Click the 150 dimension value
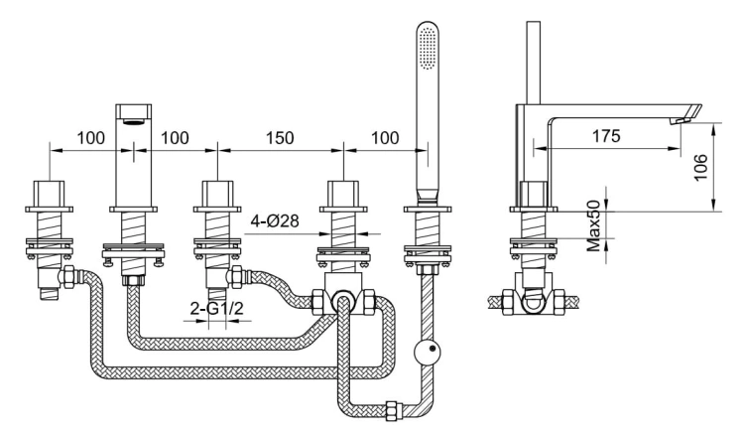[280, 138]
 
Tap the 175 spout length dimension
[606, 136]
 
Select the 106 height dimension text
[700, 167]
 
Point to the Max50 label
[593, 226]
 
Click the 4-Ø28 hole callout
[275, 220]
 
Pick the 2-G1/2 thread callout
[217, 309]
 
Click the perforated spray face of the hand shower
[429, 48]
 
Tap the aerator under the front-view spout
[134, 121]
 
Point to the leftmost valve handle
[49, 194]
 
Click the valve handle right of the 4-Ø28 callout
[343, 194]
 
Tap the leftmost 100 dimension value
[90, 138]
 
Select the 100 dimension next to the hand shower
[385, 138]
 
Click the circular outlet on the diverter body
[341, 302]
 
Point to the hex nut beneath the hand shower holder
[427, 270]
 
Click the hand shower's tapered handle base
[428, 196]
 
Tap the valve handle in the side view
[535, 194]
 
